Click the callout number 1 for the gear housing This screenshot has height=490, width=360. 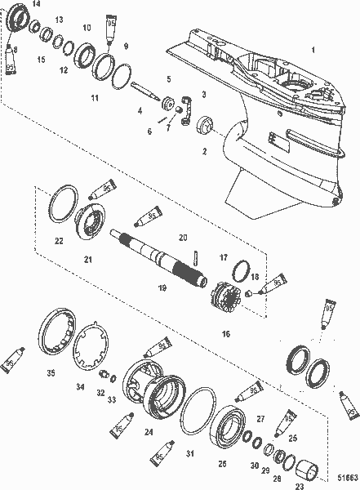(310, 51)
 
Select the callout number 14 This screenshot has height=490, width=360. (35, 5)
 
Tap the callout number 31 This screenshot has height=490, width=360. (189, 453)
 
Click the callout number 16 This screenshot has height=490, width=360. (225, 334)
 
